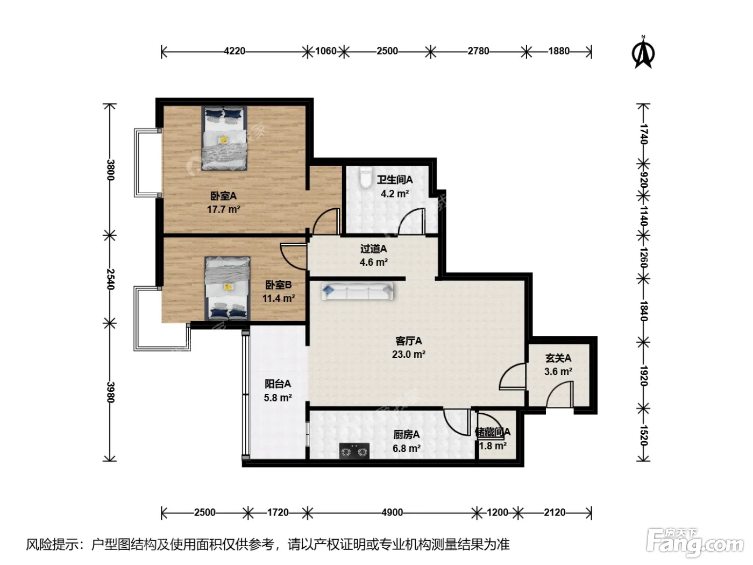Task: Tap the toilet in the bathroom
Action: (365, 177)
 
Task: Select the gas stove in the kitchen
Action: (354, 450)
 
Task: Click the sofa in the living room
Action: (358, 292)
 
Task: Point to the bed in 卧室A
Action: (224, 138)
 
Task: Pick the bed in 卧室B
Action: (228, 288)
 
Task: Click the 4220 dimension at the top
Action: (235, 52)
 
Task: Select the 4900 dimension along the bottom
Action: (392, 512)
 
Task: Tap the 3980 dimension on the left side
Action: (110, 392)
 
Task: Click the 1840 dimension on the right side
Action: (644, 311)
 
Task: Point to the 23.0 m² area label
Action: (409, 354)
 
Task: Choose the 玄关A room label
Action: (558, 358)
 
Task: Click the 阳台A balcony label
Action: (278, 384)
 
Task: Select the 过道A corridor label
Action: (374, 249)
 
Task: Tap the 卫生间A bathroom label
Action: (394, 179)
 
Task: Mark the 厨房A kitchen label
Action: (407, 435)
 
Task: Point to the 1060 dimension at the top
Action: (326, 51)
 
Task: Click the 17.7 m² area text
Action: (224, 209)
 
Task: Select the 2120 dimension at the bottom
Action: (555, 512)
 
